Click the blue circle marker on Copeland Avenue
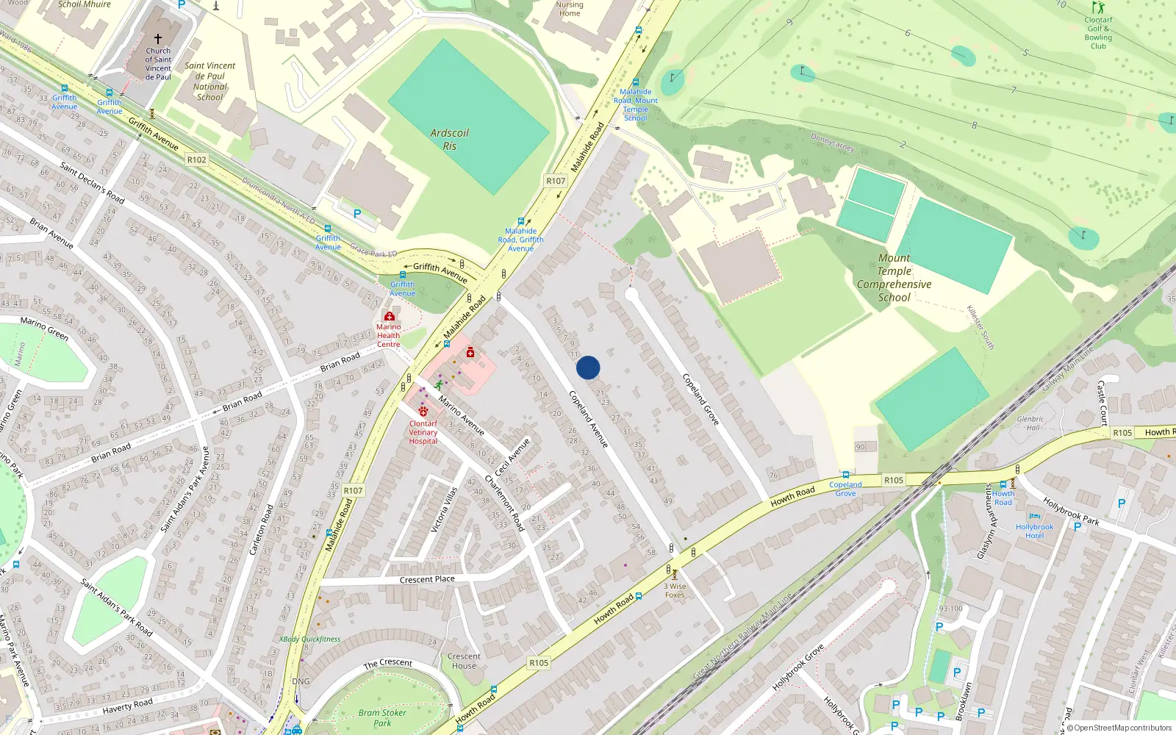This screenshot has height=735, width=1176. click(588, 367)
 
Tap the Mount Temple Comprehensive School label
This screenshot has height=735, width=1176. click(894, 278)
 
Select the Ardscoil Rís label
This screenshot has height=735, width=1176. click(449, 139)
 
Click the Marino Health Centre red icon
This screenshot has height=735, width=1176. click(390, 316)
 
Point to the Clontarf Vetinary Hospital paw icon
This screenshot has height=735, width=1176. click(423, 412)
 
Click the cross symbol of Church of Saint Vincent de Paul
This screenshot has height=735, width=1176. click(158, 38)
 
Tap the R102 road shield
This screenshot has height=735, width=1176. click(197, 159)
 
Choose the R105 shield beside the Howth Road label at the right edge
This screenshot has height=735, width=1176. click(1122, 433)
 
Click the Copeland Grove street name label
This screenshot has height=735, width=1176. click(700, 399)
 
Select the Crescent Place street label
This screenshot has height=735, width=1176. click(427, 579)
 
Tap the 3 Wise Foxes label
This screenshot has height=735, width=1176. click(675, 590)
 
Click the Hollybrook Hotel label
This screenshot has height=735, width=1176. click(1034, 531)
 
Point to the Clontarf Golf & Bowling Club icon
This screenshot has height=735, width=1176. click(1098, 8)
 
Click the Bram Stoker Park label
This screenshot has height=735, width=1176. click(382, 717)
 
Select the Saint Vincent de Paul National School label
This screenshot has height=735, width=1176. click(210, 81)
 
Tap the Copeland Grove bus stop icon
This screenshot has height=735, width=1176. click(845, 475)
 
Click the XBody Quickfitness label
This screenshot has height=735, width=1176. click(309, 639)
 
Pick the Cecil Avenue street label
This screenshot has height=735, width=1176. click(512, 457)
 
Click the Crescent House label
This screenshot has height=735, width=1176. click(464, 661)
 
